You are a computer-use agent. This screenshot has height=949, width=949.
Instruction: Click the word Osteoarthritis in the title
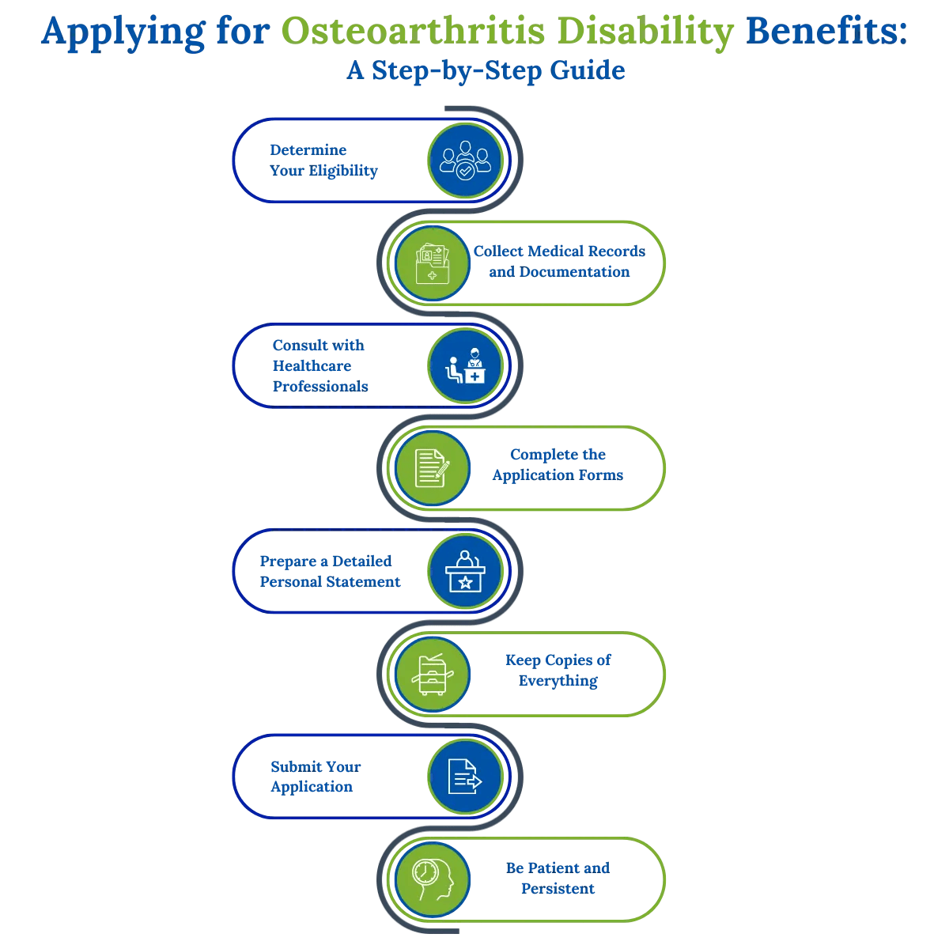[x=413, y=32]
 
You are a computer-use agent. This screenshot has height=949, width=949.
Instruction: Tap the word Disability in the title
[x=645, y=32]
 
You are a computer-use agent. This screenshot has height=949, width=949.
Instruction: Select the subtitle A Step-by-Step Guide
[x=486, y=71]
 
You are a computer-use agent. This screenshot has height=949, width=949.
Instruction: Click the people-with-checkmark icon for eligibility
[x=465, y=161]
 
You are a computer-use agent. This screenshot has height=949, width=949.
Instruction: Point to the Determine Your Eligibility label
[x=323, y=161]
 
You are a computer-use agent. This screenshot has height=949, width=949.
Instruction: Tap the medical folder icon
[x=432, y=263]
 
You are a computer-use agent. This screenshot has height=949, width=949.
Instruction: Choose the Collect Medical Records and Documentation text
[x=559, y=262]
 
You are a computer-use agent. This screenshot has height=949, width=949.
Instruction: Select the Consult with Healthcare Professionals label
[x=319, y=366]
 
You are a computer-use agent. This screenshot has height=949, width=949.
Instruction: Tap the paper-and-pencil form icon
[x=432, y=469]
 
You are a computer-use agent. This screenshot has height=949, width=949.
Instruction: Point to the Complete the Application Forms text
[x=558, y=465]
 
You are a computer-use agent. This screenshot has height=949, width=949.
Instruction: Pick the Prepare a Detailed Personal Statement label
[x=329, y=572]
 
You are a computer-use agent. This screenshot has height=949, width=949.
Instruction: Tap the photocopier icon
[x=432, y=675]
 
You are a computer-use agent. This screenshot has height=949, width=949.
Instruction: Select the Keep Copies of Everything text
[x=558, y=671]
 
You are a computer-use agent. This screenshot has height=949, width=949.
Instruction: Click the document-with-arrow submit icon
[x=465, y=777]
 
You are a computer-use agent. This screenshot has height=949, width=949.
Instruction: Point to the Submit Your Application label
[x=315, y=777]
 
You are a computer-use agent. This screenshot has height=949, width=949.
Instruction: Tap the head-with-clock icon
[x=432, y=879]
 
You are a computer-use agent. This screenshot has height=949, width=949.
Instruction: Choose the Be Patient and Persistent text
[x=558, y=879]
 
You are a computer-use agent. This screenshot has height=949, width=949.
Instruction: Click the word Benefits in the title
[x=826, y=32]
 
